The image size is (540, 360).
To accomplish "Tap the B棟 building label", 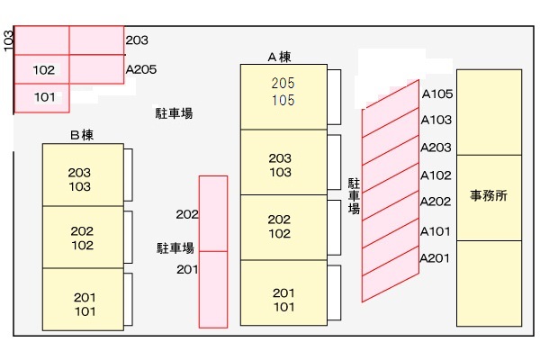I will tap(83, 135).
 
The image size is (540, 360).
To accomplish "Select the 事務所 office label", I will tap(489, 195).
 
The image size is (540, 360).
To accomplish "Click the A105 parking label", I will tap(436, 93).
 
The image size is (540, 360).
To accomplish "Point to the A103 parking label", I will tap(436, 120).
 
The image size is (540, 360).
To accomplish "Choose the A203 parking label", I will tap(436, 148).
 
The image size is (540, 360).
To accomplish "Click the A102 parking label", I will tap(436, 175).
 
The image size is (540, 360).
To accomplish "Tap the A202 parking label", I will tap(436, 202).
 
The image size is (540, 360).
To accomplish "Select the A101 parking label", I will tap(436, 230).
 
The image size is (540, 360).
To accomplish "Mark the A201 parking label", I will tap(436, 258).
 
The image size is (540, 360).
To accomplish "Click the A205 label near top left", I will tap(141, 67).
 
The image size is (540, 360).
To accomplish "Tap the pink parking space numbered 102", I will tap(43, 69).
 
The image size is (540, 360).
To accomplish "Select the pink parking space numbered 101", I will tap(43, 97).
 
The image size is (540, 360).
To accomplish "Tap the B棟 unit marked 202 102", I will tap(82, 238).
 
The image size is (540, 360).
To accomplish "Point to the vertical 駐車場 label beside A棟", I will tap(354, 195).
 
